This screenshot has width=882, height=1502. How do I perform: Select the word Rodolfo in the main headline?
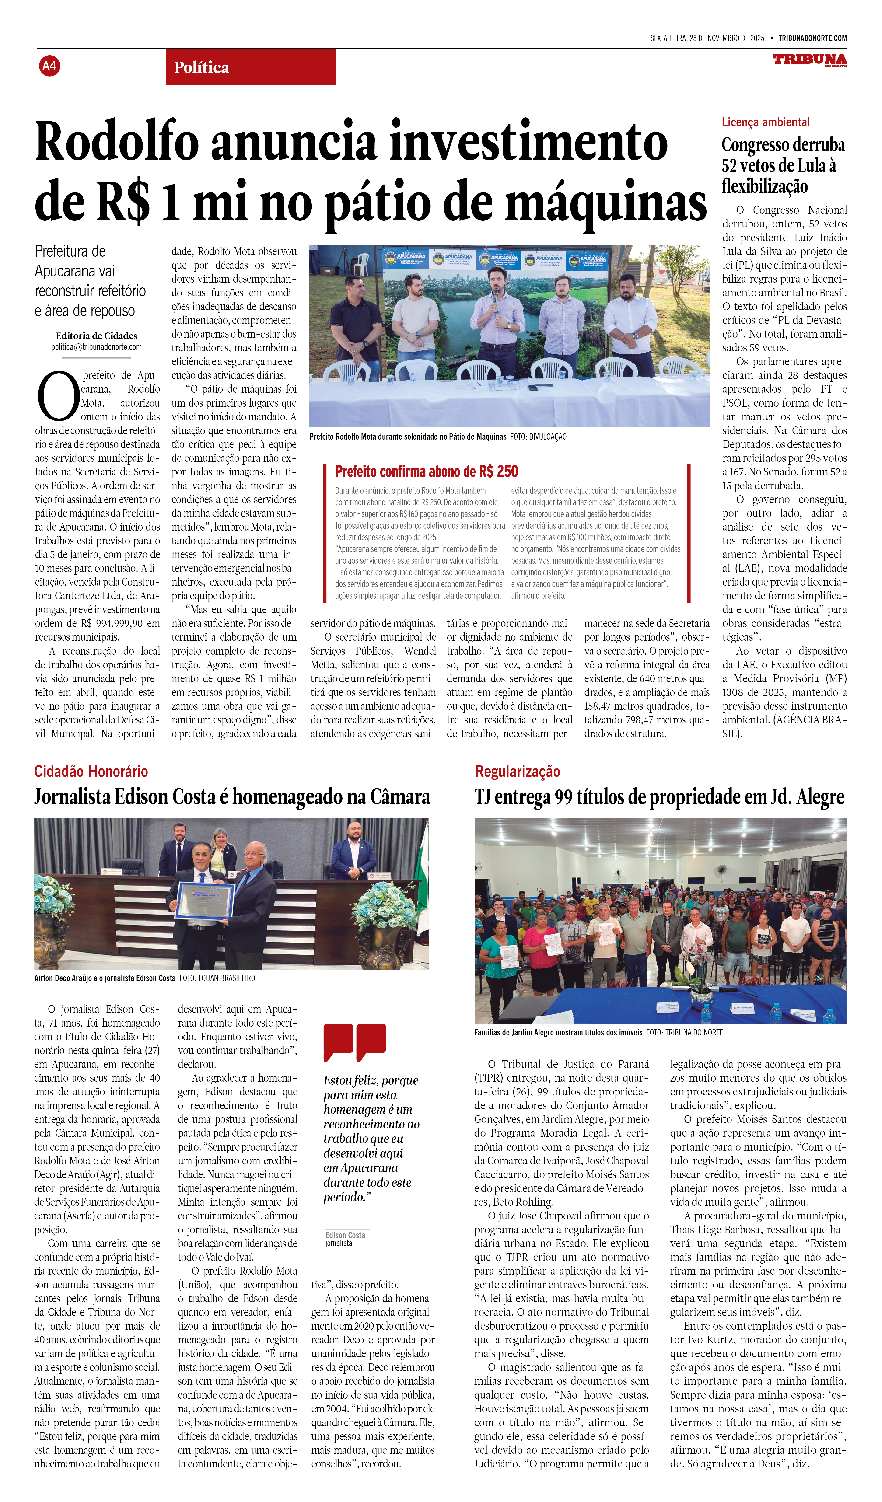[116, 142]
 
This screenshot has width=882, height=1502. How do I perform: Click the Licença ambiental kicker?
[765, 122]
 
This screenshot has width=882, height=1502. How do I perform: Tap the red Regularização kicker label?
[517, 771]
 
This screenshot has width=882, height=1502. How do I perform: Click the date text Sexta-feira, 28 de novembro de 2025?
[707, 38]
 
